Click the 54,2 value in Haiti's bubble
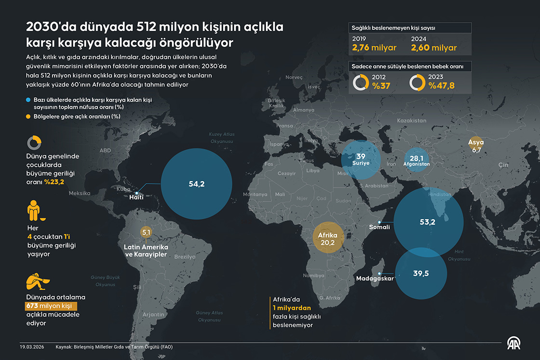[x=197, y=184]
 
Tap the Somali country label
[x=379, y=227]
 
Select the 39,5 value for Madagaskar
[x=420, y=273]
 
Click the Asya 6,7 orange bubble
[x=477, y=146]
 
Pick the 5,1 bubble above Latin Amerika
[x=146, y=232]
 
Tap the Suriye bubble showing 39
[x=361, y=159]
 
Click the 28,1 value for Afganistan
[x=417, y=159]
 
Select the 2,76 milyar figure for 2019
[x=374, y=48]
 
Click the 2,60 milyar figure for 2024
[x=433, y=48]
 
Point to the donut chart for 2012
[x=361, y=82]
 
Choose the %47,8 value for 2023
[x=441, y=86]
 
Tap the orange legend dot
[x=28, y=116]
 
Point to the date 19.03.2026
[x=32, y=347]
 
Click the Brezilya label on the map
[x=185, y=257]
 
